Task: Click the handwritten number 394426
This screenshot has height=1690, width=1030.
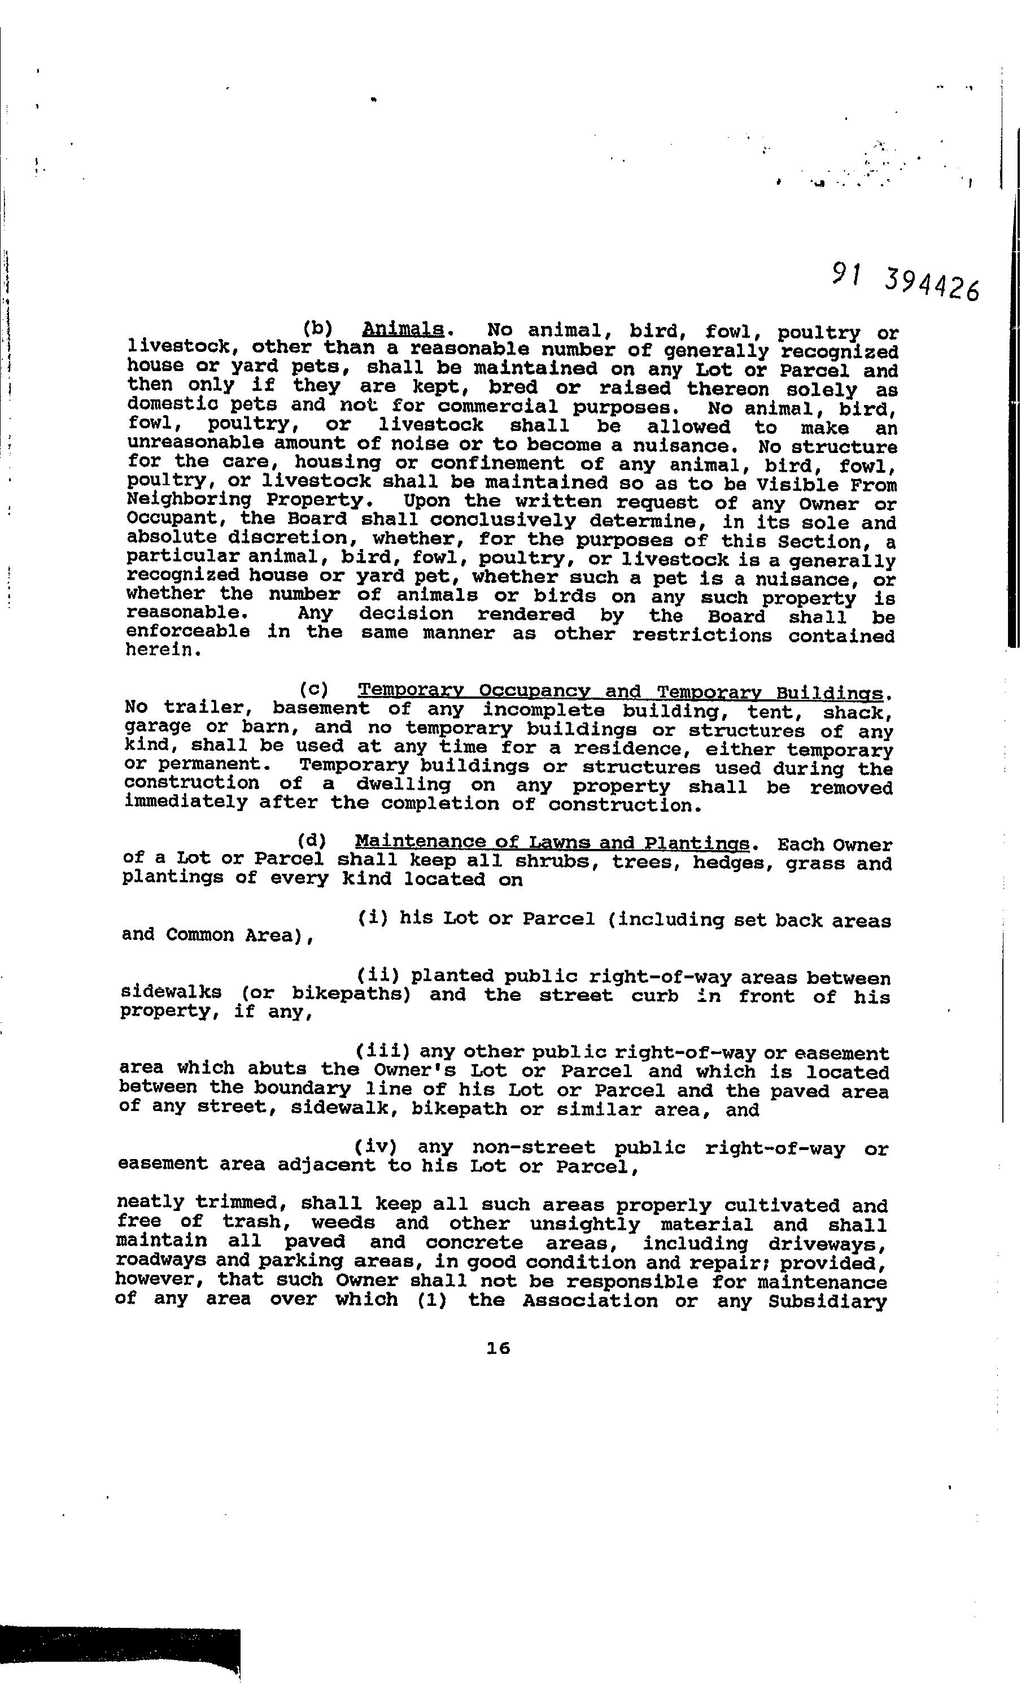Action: (931, 285)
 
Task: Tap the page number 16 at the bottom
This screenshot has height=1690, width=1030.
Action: (498, 1348)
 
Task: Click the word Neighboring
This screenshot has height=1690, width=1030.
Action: (189, 502)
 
